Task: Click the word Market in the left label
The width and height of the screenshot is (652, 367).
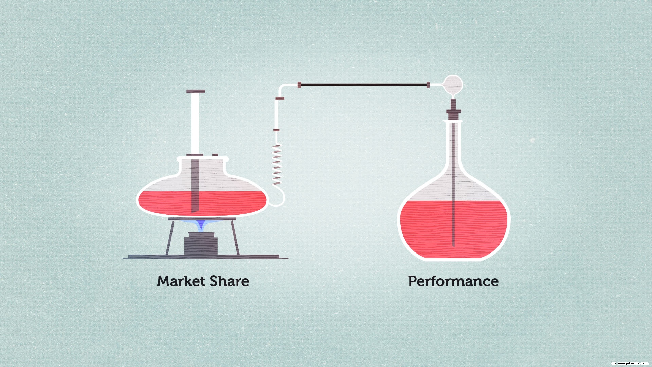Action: point(181,281)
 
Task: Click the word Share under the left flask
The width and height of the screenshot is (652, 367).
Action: point(229,281)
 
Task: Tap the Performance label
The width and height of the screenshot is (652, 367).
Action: point(453,282)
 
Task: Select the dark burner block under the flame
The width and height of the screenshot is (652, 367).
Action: point(201,244)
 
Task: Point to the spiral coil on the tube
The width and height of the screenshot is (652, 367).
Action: point(277,164)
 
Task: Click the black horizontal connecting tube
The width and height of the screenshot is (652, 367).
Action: point(363,85)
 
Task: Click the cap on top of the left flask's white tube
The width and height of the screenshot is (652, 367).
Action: point(196,91)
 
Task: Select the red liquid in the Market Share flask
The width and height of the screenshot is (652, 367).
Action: point(202,203)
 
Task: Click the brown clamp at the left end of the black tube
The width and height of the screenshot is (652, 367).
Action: point(299,85)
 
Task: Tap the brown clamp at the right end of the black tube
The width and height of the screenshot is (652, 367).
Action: point(428,85)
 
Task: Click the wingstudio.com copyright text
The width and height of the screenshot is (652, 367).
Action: point(630,363)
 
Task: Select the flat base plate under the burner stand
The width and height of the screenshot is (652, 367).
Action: point(205,257)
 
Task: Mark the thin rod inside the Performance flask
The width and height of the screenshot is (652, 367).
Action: point(454,183)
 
